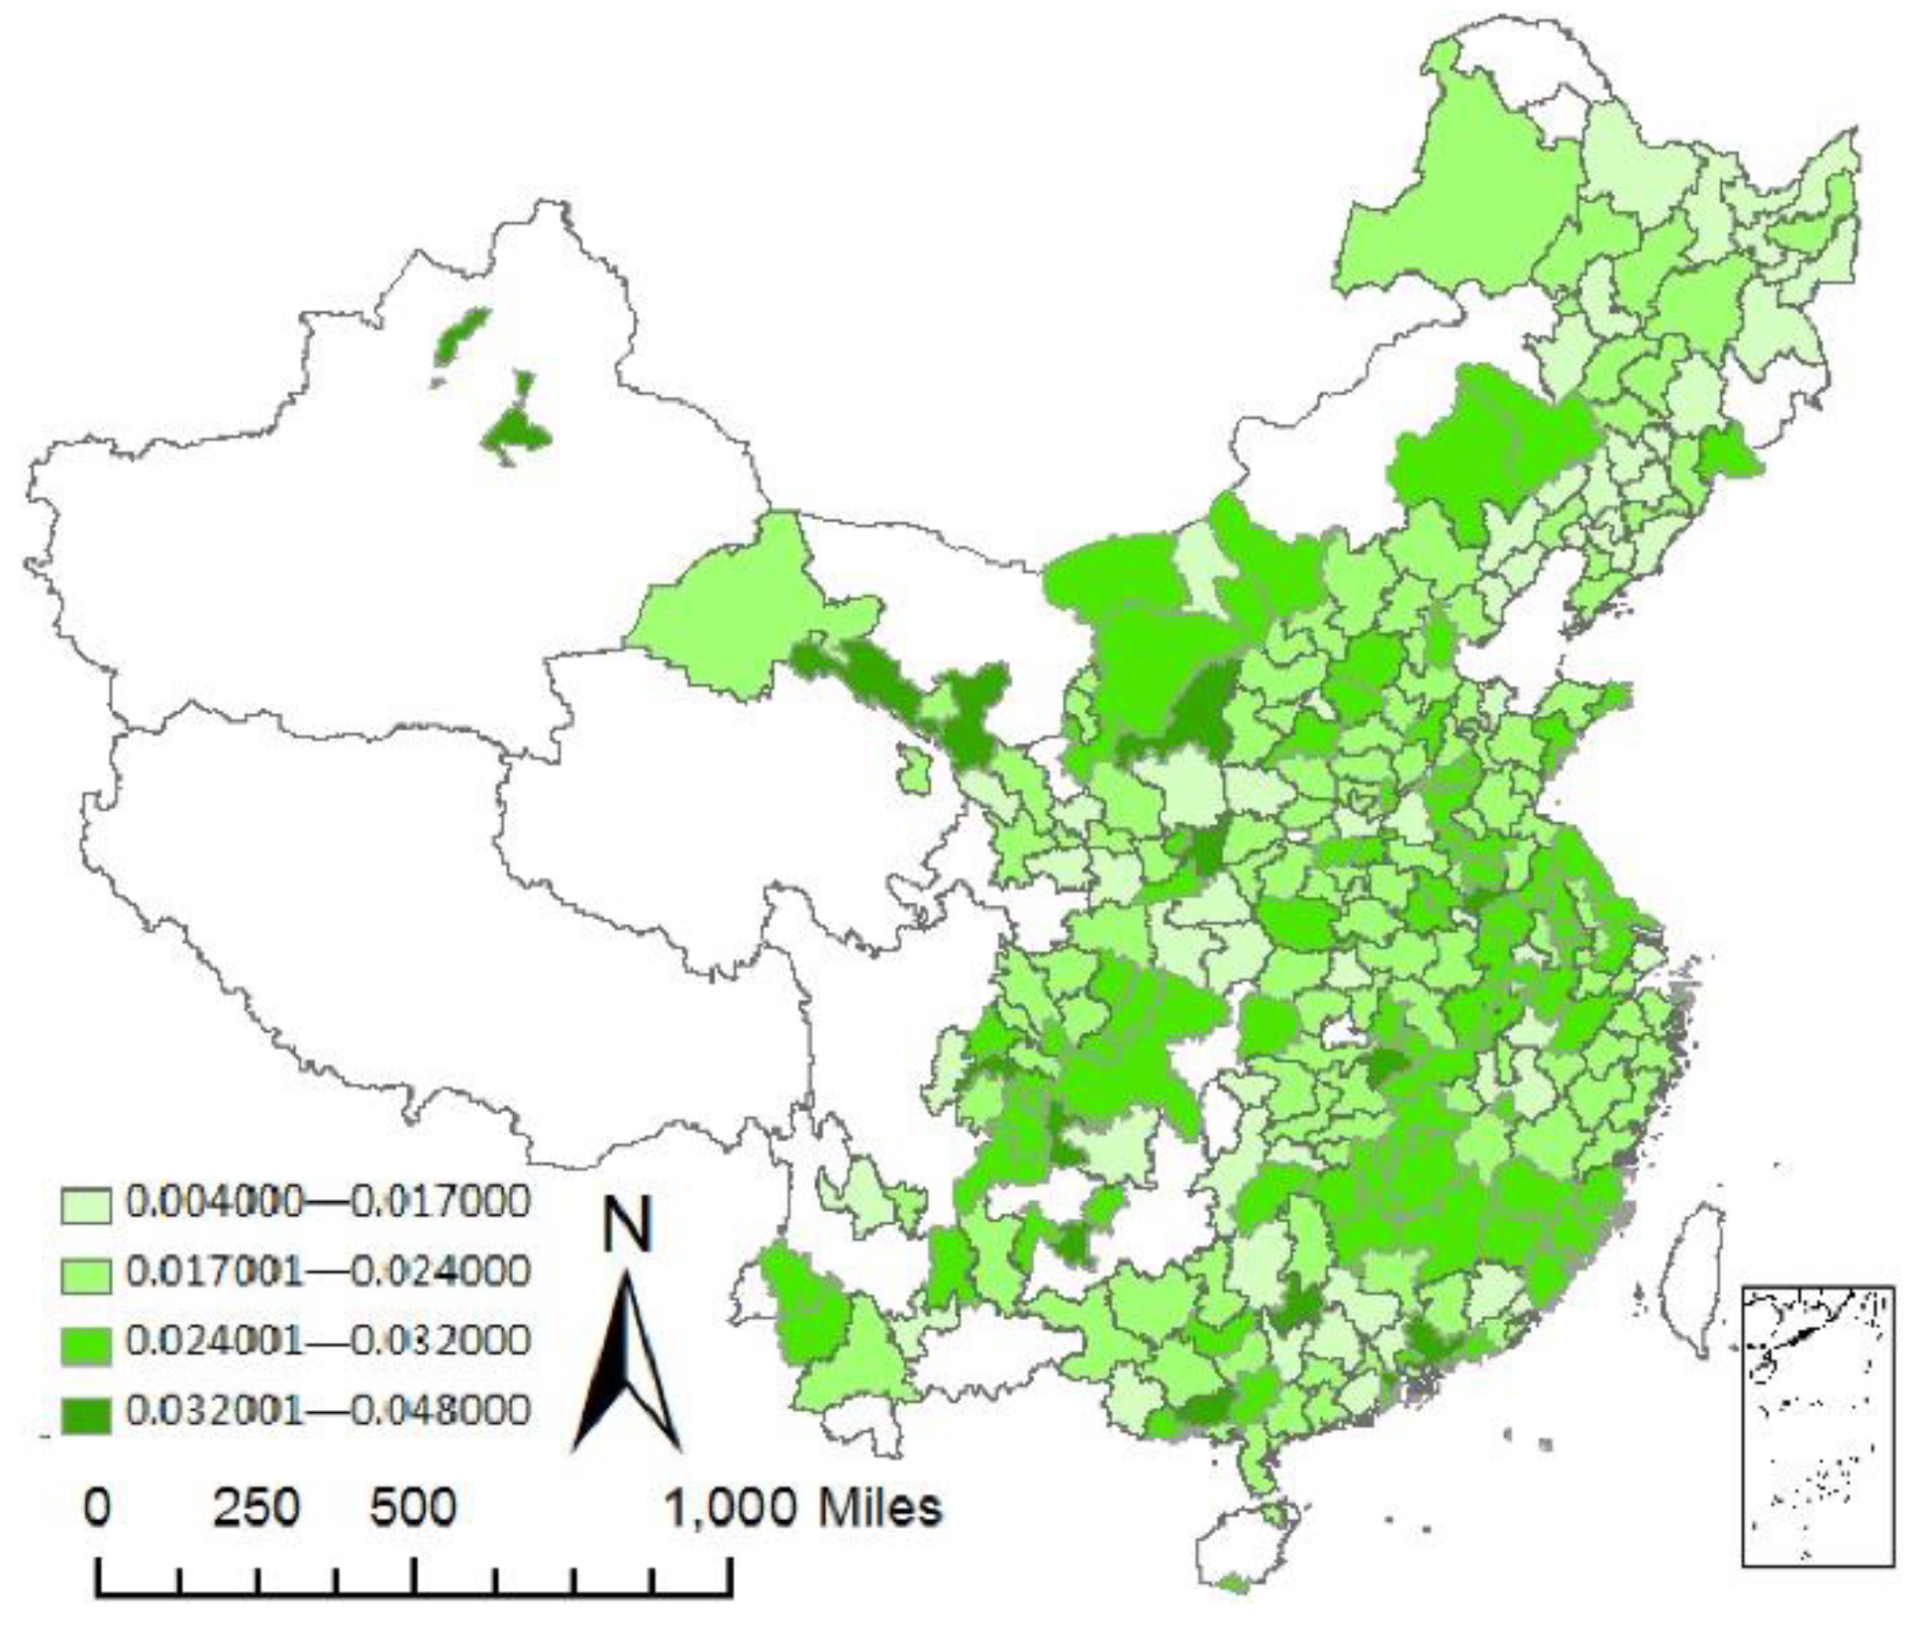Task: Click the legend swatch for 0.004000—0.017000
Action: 85,1204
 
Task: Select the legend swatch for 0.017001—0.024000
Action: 85,1273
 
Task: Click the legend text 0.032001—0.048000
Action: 328,1410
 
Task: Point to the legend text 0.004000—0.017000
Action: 328,1201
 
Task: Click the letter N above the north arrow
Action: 628,1226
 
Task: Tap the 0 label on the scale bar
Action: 97,1507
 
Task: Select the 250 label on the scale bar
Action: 255,1507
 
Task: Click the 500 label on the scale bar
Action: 413,1507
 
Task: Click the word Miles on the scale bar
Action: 879,1507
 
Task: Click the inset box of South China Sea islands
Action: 1818,1426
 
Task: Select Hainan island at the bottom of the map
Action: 1243,1545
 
